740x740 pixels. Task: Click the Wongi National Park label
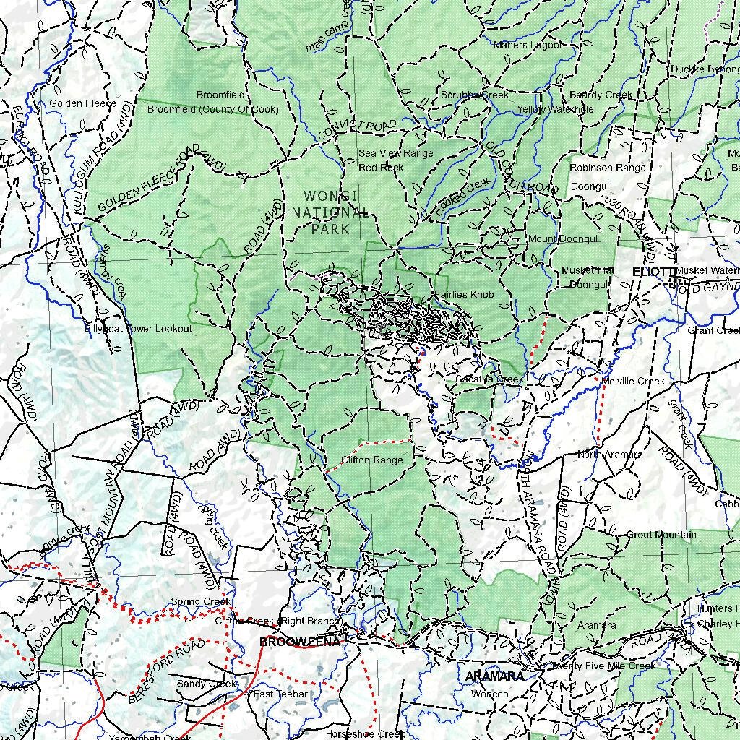click(x=330, y=212)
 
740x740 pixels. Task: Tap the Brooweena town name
click(x=299, y=642)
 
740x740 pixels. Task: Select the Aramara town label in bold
click(x=494, y=676)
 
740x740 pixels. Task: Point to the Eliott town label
click(x=653, y=271)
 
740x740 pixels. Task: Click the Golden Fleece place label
click(x=82, y=103)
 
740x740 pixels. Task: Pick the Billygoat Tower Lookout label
click(x=139, y=329)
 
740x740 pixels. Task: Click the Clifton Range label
click(x=371, y=460)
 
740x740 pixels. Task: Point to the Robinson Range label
click(x=607, y=168)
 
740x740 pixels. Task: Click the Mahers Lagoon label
click(x=528, y=46)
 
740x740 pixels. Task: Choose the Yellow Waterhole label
click(x=555, y=109)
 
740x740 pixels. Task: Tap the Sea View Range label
click(x=396, y=153)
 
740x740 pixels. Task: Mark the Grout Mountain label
click(x=661, y=535)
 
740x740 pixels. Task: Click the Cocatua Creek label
click(x=489, y=379)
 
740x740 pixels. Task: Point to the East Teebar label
click(x=280, y=694)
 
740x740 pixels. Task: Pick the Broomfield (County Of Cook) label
click(x=212, y=110)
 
